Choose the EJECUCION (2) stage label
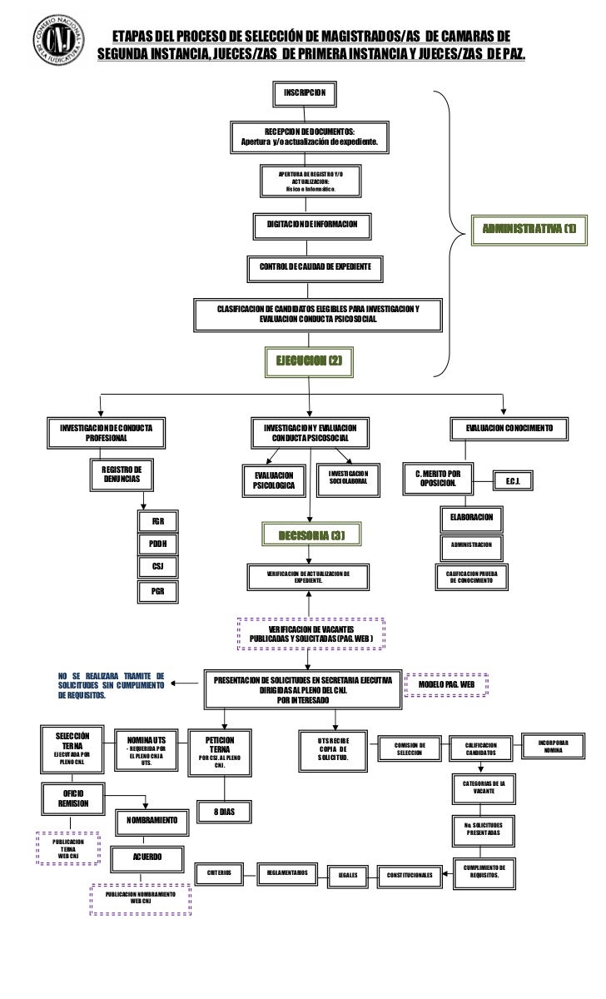pyautogui.click(x=309, y=360)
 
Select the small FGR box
pyautogui.click(x=157, y=521)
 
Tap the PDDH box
pyautogui.click(x=157, y=544)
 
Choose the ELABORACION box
pyautogui.click(x=471, y=518)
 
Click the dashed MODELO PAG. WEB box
pyautogui.click(x=445, y=683)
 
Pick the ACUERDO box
pyautogui.click(x=147, y=857)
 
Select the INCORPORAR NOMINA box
pyautogui.click(x=552, y=745)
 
